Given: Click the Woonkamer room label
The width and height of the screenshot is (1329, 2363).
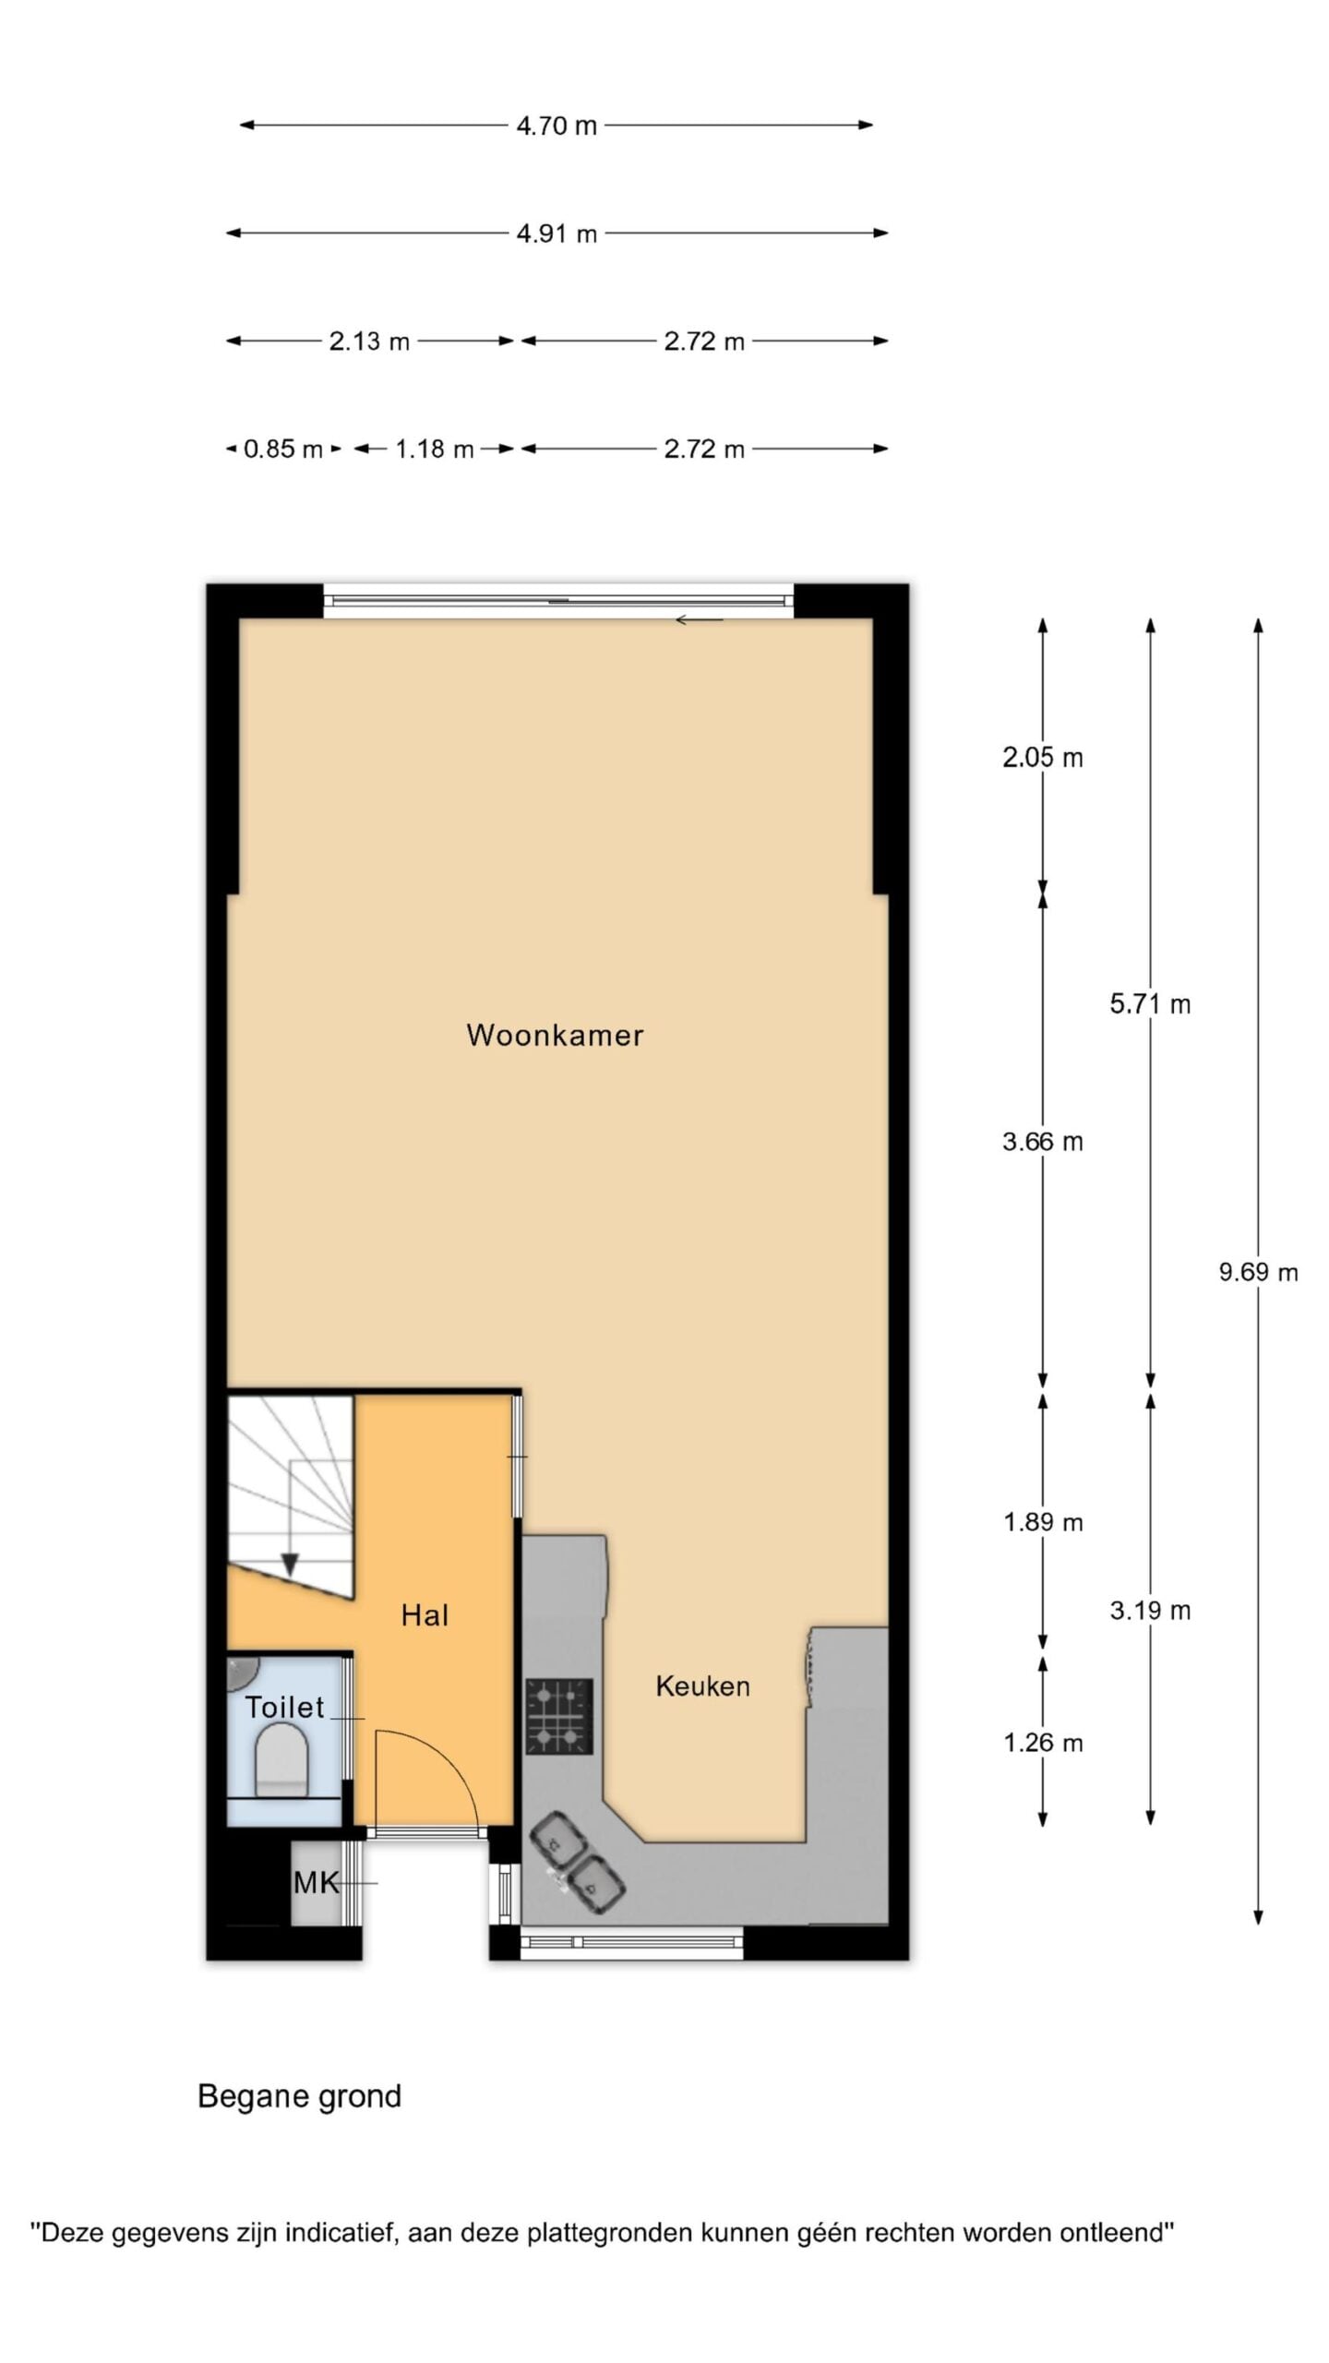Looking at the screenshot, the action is (x=555, y=1035).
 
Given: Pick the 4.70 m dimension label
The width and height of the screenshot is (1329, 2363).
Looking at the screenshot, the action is (x=557, y=126).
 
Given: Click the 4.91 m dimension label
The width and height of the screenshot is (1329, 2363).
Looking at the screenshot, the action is (x=557, y=234).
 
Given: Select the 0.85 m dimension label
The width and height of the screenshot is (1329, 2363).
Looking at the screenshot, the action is (x=283, y=450).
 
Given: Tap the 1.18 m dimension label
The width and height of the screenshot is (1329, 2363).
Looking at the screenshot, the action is (x=435, y=450).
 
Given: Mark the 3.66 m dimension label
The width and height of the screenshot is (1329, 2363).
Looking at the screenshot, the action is (x=1043, y=1142).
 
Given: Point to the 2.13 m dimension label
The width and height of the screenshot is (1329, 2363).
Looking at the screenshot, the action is (x=369, y=342).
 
